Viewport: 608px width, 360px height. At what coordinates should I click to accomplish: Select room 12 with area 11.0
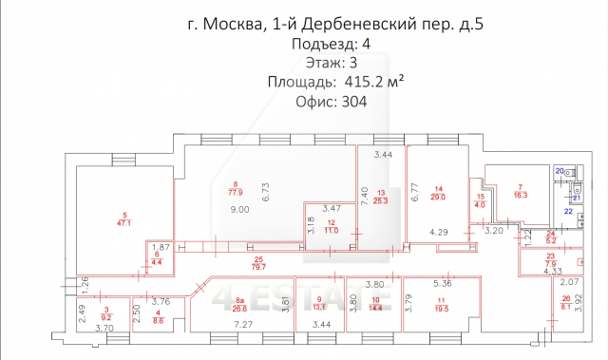pos(331,227)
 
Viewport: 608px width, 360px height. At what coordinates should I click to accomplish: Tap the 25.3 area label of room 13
pos(381,199)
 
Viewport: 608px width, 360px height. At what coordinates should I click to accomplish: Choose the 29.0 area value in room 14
pos(438,196)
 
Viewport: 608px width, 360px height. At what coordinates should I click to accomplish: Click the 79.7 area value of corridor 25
pos(256,267)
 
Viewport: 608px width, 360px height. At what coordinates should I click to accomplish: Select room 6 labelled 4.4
pos(157,261)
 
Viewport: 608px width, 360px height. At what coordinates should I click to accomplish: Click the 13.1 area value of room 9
pos(318,307)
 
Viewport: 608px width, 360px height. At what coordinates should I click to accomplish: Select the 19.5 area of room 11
pos(442,307)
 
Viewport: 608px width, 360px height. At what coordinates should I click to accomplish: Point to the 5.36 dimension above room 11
pos(443,282)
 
